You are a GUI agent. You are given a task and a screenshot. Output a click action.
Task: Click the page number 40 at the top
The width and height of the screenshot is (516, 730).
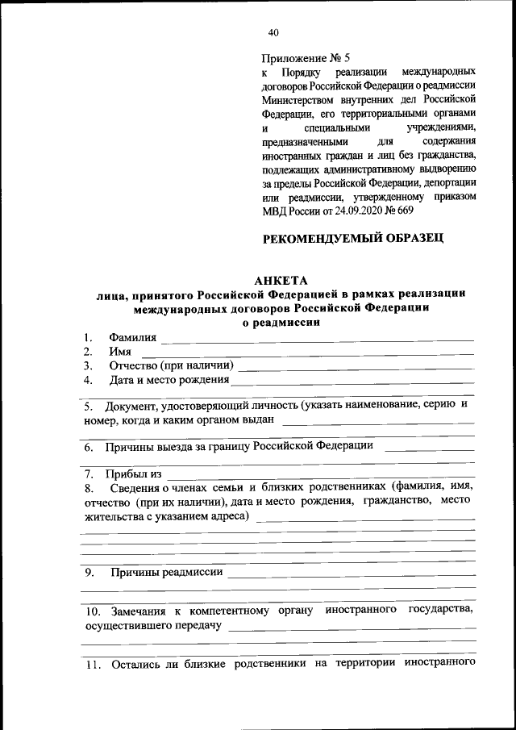(273, 33)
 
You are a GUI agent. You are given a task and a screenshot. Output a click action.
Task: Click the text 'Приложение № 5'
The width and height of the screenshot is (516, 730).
(306, 59)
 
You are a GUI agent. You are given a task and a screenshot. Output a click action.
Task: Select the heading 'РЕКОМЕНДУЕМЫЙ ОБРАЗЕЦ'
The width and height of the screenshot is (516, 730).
(354, 238)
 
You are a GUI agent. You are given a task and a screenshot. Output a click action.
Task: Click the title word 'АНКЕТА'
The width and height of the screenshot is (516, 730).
(281, 281)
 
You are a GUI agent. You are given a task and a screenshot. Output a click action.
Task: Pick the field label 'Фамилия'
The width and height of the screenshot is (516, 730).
(134, 337)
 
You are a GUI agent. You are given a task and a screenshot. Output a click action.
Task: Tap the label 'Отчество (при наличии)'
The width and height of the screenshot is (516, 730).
(171, 366)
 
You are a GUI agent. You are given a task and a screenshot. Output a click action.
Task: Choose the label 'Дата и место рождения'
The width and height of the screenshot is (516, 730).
(169, 380)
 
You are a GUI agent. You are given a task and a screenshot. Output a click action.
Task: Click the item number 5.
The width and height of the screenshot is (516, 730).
(89, 406)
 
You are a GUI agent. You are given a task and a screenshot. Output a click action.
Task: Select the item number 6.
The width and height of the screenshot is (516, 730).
(89, 446)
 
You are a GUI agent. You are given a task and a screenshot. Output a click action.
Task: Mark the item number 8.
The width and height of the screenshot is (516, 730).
(89, 488)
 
